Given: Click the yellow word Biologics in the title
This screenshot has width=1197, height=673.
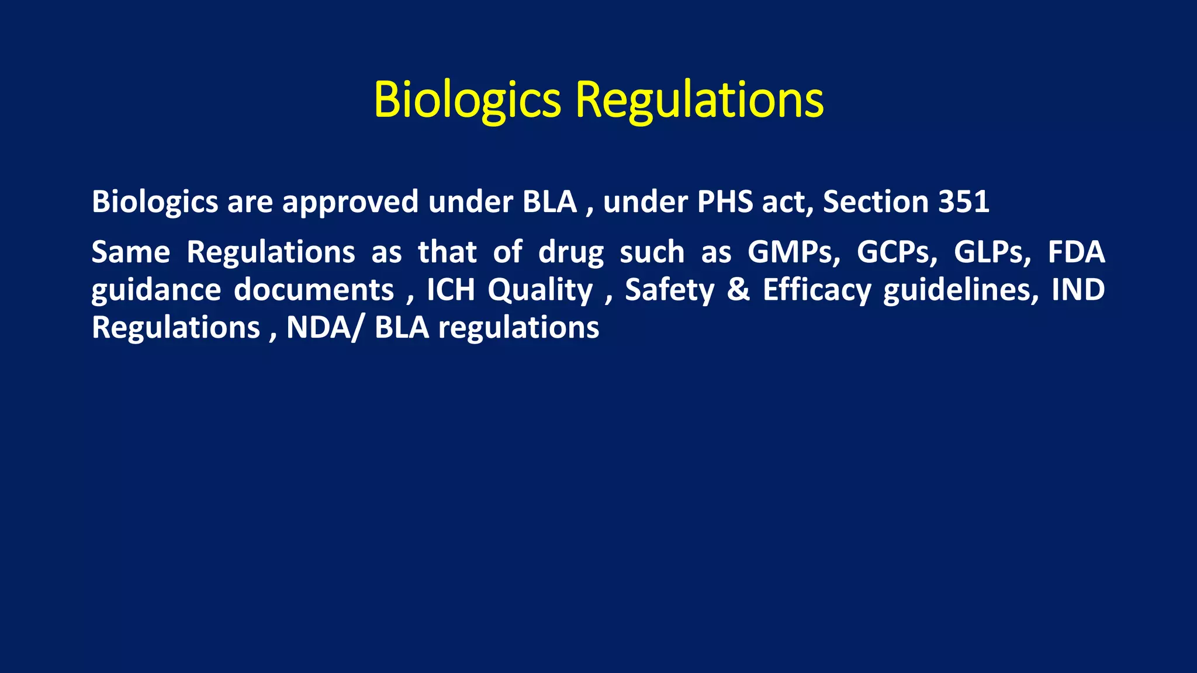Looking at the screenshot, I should (467, 100).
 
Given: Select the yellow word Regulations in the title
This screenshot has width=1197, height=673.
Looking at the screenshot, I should (700, 100).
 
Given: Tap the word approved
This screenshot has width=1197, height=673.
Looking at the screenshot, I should (350, 202).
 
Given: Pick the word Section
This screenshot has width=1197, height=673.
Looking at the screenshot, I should (876, 202).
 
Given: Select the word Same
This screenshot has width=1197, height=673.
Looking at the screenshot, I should (131, 252).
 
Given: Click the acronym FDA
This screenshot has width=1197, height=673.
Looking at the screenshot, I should (1076, 252).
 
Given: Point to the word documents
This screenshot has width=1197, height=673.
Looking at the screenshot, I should (314, 290).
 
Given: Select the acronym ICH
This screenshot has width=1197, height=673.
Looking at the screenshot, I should (451, 290).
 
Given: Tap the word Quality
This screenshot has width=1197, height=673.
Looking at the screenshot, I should (540, 291).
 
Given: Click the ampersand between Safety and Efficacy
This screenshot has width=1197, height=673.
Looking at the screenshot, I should (738, 290).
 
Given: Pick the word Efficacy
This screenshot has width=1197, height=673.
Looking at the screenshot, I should (817, 291).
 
